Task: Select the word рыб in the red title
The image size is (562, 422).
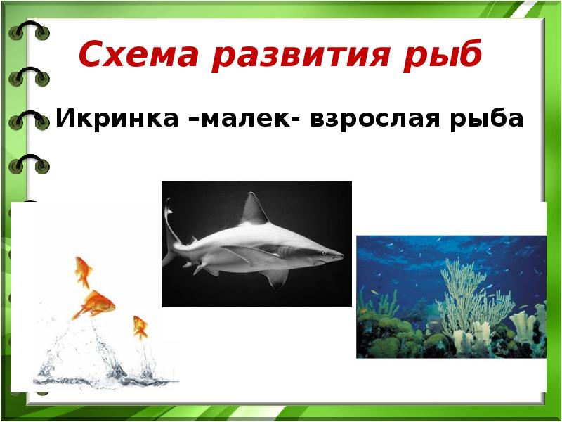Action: coord(443,55)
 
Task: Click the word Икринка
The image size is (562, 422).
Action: coord(117,117)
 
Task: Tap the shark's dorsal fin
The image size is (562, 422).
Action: coord(254,210)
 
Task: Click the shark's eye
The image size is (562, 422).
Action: coord(324,253)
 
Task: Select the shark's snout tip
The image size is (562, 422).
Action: coord(344,256)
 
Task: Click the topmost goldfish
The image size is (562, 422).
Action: coord(83,272)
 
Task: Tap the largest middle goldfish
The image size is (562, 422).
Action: coord(94,305)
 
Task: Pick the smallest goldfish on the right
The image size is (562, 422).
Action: coord(140,327)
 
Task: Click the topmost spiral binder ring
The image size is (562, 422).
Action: coord(29,30)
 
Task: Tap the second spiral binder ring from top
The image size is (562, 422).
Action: coord(29,76)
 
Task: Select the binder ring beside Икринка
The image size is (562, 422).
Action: coord(29,120)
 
